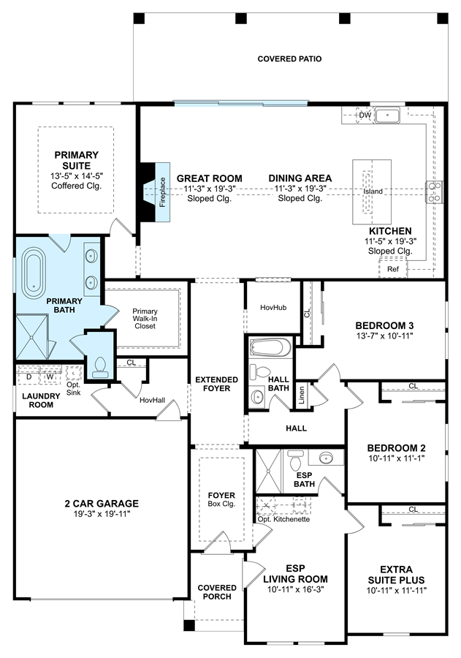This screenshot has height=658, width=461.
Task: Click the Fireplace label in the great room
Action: coord(162,192)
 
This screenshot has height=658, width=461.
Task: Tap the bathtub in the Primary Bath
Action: coord(34,273)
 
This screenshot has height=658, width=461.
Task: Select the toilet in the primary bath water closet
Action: coord(100,367)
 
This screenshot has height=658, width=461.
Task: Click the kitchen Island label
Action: coord(373,192)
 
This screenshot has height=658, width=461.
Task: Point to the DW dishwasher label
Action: coord(365,115)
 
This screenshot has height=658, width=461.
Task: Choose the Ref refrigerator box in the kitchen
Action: coord(393,269)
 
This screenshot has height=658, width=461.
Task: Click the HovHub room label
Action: coord(273,308)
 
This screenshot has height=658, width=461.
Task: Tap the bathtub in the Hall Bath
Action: coord(270,347)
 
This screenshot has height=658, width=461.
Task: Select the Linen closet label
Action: coord(302,395)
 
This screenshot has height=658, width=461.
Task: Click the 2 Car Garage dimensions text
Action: coord(102,514)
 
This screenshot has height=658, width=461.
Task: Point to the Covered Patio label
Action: coord(289,58)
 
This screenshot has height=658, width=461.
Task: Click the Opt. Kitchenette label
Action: coord(283,519)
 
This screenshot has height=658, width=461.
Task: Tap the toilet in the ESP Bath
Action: coord(296,461)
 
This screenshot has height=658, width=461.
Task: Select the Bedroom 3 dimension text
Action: coord(384,336)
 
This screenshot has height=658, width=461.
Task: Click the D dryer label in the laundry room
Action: coord(29,377)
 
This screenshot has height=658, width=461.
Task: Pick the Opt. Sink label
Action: coord(73,389)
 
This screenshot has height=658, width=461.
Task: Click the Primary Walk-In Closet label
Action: coord(145,319)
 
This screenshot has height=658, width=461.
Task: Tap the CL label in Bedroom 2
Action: coord(414,386)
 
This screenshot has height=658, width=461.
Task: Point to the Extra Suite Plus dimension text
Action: coord(397,591)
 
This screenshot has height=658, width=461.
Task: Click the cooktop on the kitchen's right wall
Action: coord(435,192)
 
